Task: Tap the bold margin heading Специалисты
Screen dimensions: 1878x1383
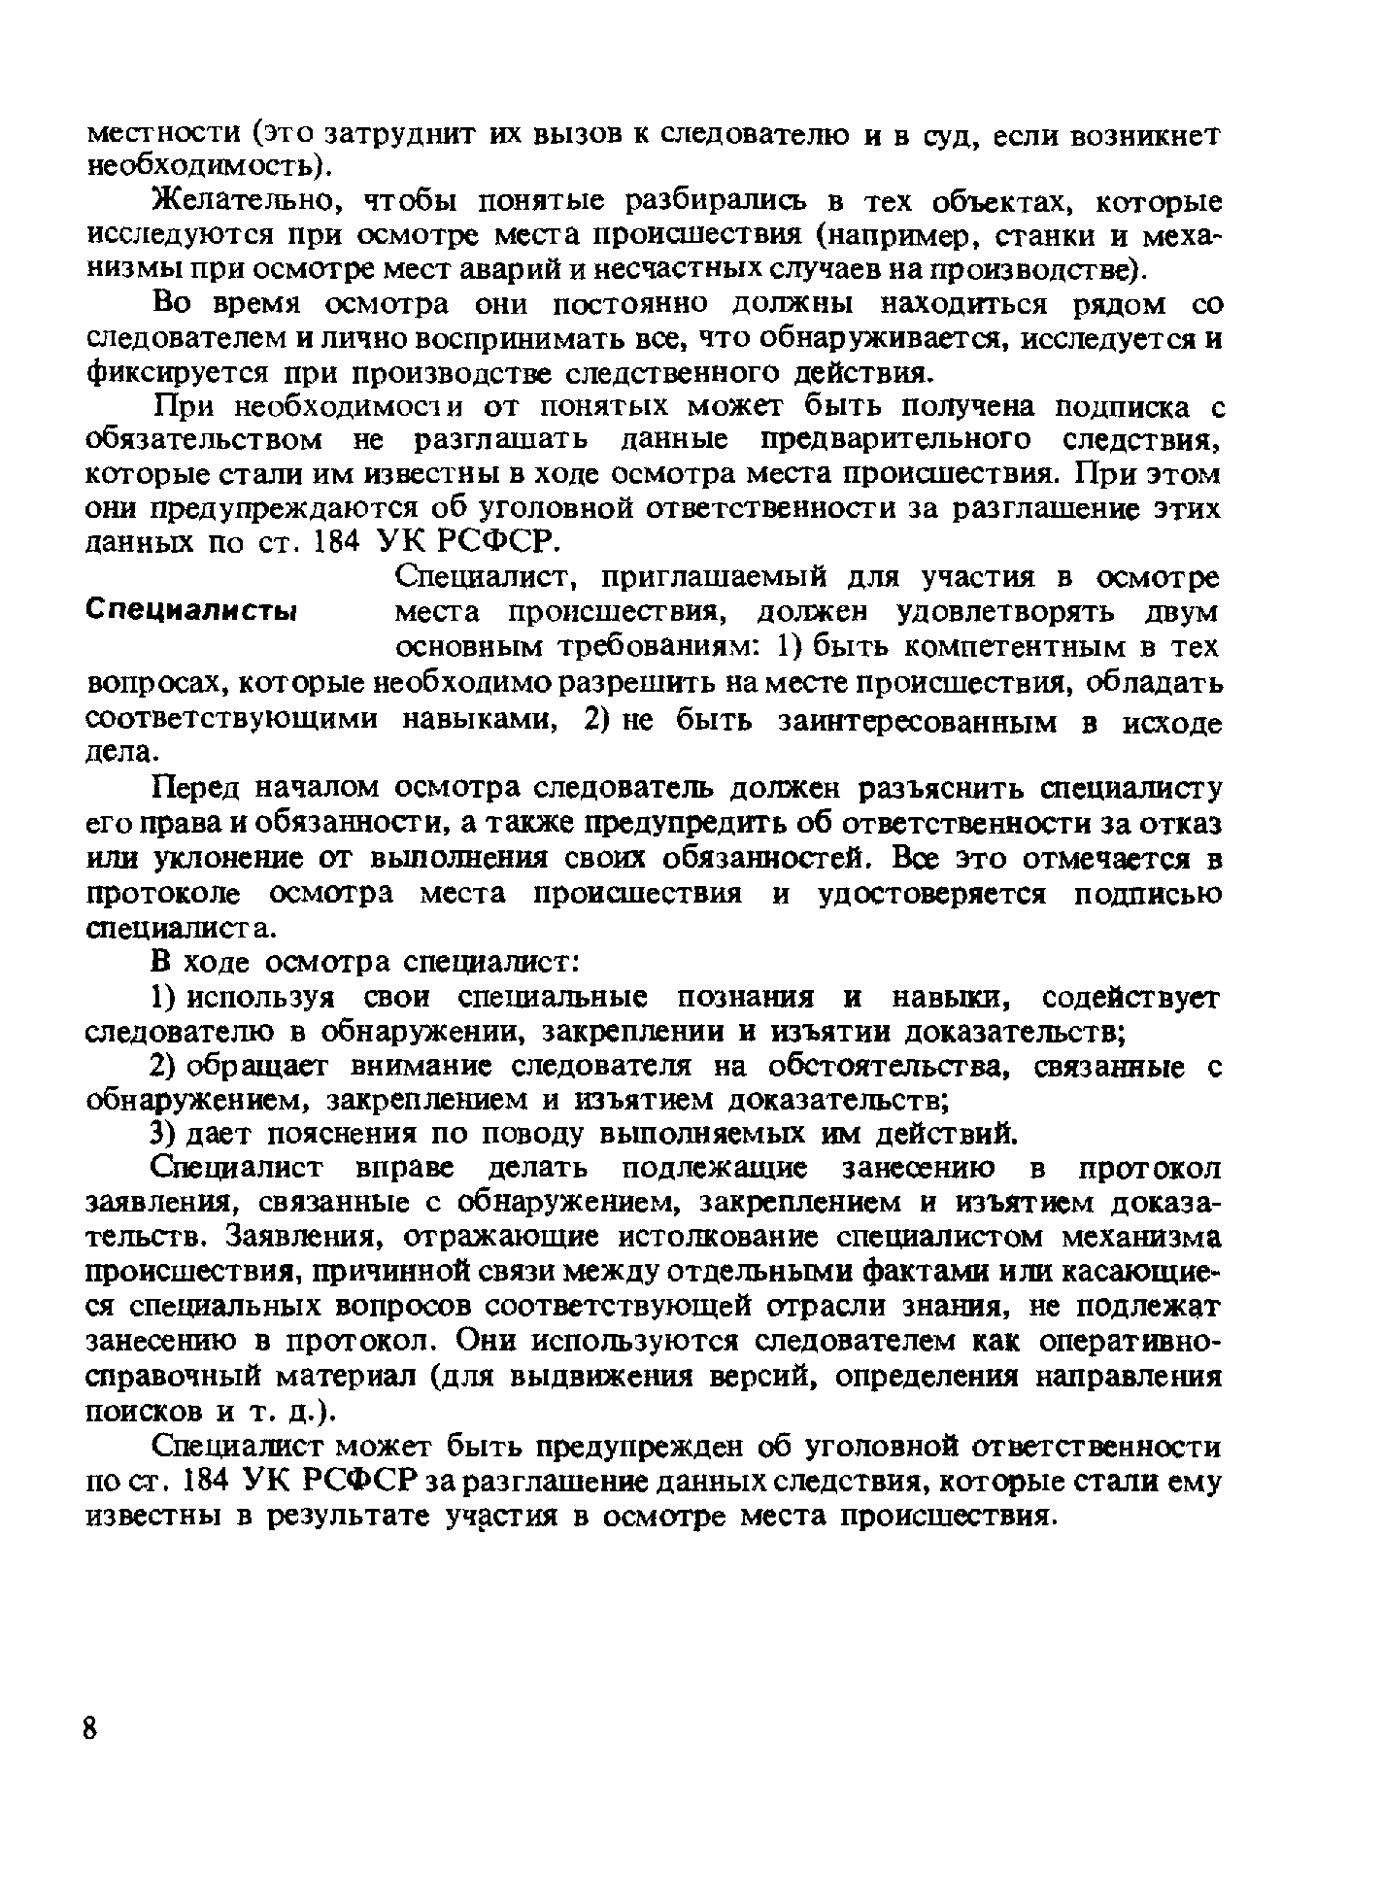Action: [191, 613]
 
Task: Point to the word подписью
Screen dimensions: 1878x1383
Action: [1147, 894]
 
